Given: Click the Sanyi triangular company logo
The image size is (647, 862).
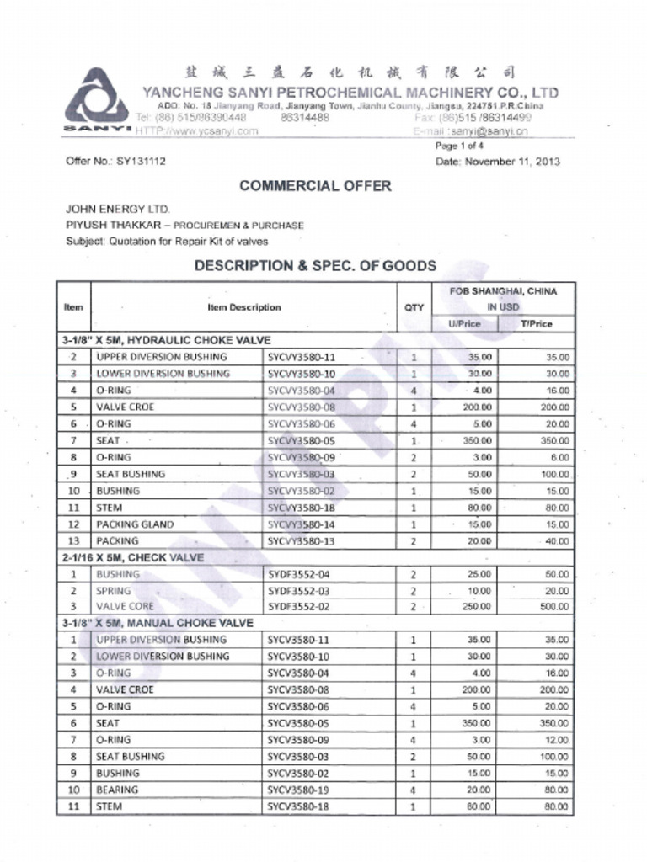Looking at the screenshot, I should pos(96,98).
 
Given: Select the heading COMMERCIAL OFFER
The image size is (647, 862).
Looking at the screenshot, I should pos(315,186).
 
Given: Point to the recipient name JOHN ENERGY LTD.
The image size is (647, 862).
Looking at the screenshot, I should pos(117,209).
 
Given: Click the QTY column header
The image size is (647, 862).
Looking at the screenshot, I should pos(414,307).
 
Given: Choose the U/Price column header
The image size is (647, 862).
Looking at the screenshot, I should pos(465,324).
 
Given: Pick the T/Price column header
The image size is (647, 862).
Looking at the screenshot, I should pos(536,324).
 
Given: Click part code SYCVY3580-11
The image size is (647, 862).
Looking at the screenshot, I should pos(301,357).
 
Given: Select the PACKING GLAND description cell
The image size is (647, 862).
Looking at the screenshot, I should pos(135,524).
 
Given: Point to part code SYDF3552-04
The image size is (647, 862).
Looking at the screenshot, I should pos(298,574).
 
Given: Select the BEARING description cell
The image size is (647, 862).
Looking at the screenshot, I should pos(117,790).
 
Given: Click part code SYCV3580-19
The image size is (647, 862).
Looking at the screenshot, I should pos(298,790).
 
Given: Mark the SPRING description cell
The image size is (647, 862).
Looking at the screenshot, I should pos(114,590).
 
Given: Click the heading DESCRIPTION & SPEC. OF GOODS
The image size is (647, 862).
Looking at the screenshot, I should pos(315,266).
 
